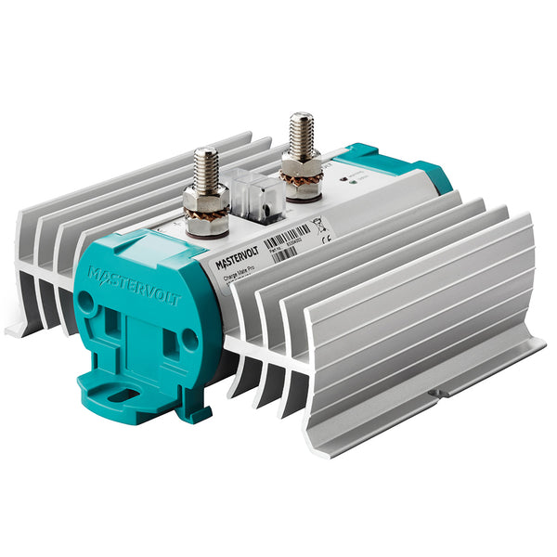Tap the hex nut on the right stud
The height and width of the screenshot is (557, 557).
(x=302, y=169)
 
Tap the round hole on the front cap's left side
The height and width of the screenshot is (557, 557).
(x=85, y=302)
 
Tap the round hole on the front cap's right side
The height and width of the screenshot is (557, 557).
(x=189, y=340)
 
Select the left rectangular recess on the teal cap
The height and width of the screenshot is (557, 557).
(x=111, y=324)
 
